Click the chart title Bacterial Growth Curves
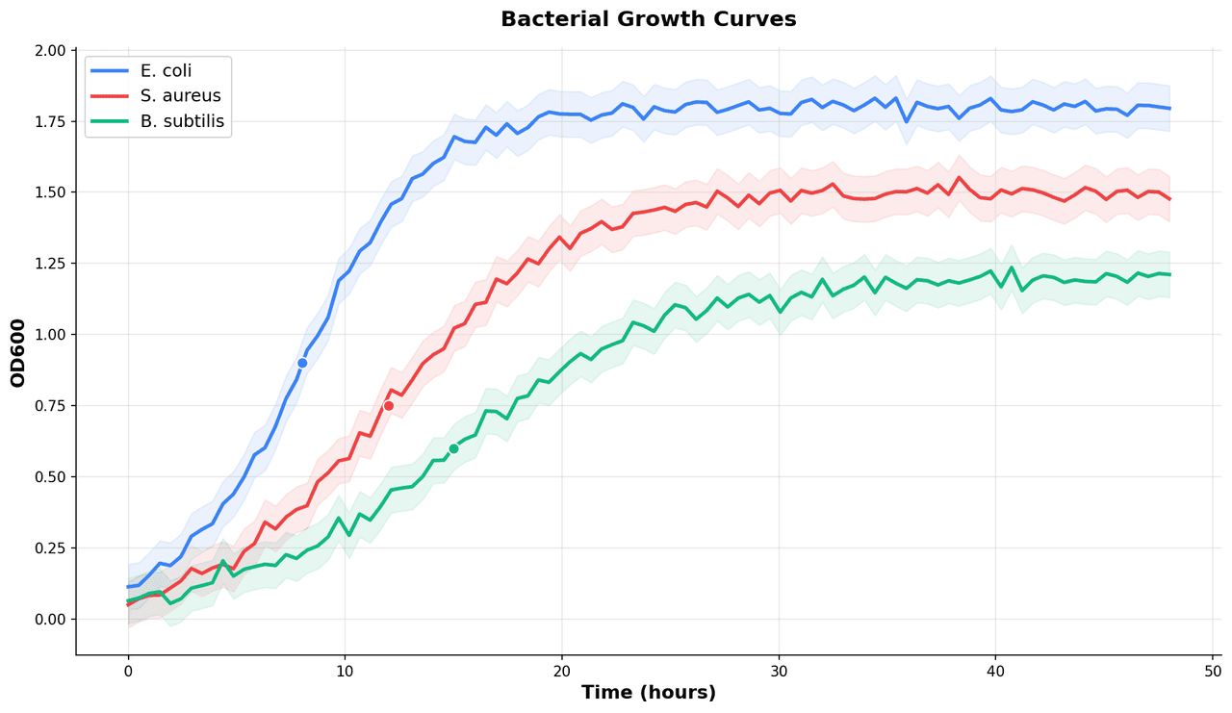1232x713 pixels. point(648,19)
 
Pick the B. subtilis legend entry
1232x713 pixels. point(182,121)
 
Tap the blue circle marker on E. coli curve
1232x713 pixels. point(302,363)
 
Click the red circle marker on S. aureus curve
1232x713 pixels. point(389,406)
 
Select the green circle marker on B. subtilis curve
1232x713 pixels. point(453,448)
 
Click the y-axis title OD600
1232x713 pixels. point(18,353)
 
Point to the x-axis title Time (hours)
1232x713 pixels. point(648,693)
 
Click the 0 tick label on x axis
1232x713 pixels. point(128,671)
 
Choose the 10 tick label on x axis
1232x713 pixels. point(345,671)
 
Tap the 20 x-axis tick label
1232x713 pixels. point(562,671)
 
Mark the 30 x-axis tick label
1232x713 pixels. point(779,671)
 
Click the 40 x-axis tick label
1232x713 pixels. point(995,671)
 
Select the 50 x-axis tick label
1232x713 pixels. point(1213,671)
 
